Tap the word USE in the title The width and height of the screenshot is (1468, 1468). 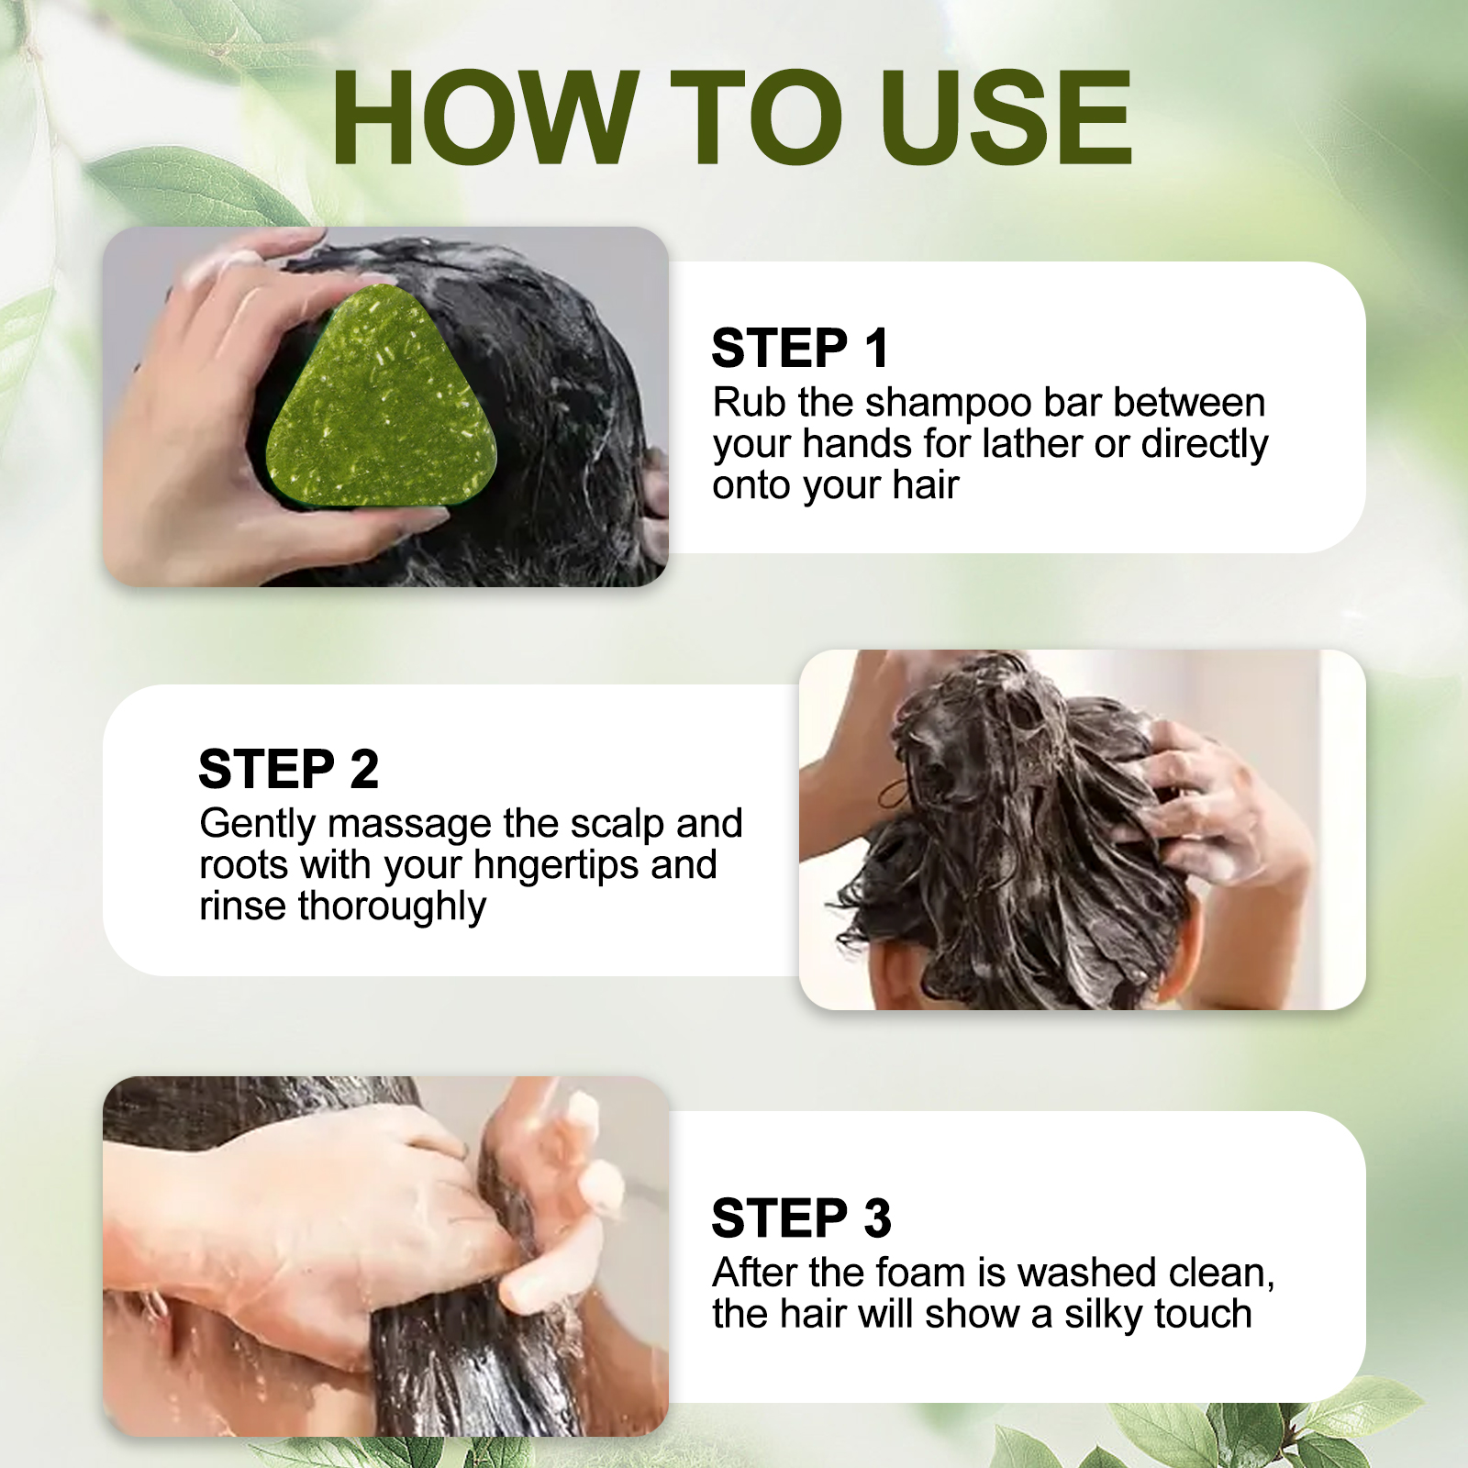click(x=1006, y=118)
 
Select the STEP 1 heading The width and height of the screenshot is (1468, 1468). click(x=800, y=349)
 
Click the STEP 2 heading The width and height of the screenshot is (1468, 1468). click(x=288, y=769)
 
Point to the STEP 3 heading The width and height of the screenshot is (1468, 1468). click(x=801, y=1218)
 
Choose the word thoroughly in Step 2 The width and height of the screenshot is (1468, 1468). click(x=392, y=907)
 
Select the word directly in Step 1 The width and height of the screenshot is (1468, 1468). click(x=1205, y=446)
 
